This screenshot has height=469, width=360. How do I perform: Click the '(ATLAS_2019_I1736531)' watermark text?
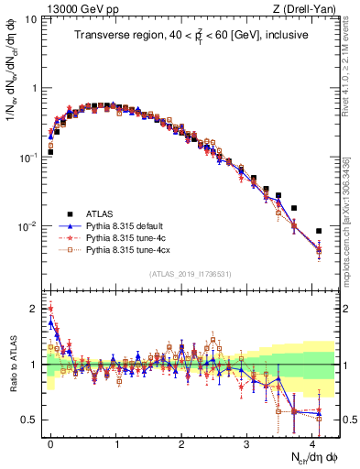191,274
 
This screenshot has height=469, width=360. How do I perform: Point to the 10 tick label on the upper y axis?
30,19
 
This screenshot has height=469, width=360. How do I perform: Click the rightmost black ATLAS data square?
319,231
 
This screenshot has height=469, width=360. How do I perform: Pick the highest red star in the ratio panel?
50,308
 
